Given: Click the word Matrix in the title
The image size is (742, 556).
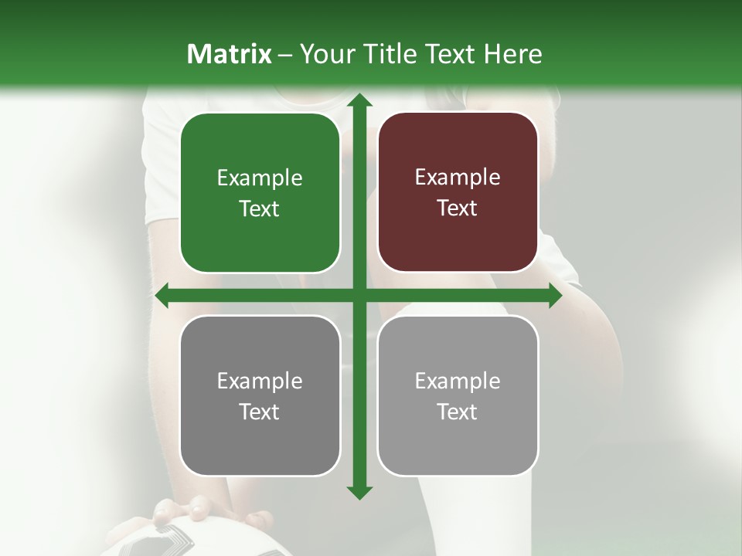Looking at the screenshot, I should pyautogui.click(x=229, y=54).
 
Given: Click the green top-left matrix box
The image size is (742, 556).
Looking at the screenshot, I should pyautogui.click(x=260, y=193).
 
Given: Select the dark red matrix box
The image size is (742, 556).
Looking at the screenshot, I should pyautogui.click(x=458, y=192).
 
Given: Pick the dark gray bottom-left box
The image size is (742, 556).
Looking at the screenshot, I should pyautogui.click(x=260, y=395).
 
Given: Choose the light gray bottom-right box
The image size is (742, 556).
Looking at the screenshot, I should pyautogui.click(x=458, y=395).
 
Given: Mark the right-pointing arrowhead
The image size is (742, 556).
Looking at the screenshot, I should pyautogui.click(x=554, y=296).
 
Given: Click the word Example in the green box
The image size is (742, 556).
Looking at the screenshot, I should pyautogui.click(x=260, y=178).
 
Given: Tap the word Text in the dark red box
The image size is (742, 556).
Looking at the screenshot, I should pyautogui.click(x=458, y=208).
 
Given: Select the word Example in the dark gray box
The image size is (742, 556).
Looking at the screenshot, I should pyautogui.click(x=260, y=381).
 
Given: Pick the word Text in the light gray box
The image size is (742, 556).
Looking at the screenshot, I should pyautogui.click(x=458, y=412).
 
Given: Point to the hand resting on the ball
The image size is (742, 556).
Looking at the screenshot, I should pyautogui.click(x=182, y=511).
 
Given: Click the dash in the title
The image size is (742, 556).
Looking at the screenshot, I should pyautogui.click(x=285, y=55).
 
